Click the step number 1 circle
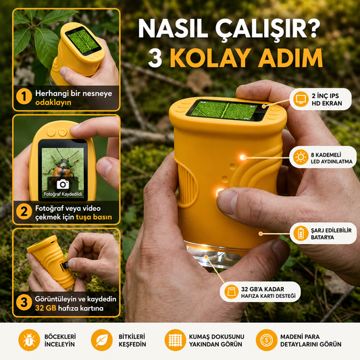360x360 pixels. tap(24, 97)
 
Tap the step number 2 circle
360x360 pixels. tap(24, 211)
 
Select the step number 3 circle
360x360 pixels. tap(24, 303)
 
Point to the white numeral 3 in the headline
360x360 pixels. tap(155, 57)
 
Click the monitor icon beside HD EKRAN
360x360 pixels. tap(301, 99)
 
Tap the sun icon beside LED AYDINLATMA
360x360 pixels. tap(301, 157)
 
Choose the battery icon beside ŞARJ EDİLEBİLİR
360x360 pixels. tap(301, 233)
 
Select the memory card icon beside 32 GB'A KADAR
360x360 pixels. tap(231, 292)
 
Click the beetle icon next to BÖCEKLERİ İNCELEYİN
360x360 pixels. tap(29, 340)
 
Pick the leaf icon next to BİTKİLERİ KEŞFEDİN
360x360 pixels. tap(102, 340)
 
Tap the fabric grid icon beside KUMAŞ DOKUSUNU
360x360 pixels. tap(175, 340)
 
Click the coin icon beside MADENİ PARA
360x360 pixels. tap(267, 340)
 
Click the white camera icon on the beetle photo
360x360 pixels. tap(63, 184)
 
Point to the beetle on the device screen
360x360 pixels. tap(61, 168)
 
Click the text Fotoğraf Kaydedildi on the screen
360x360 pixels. tap(63, 195)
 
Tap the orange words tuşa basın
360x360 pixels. tap(94, 217)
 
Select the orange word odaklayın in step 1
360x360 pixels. tap(53, 103)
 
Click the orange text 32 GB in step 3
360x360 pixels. tap(45, 308)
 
